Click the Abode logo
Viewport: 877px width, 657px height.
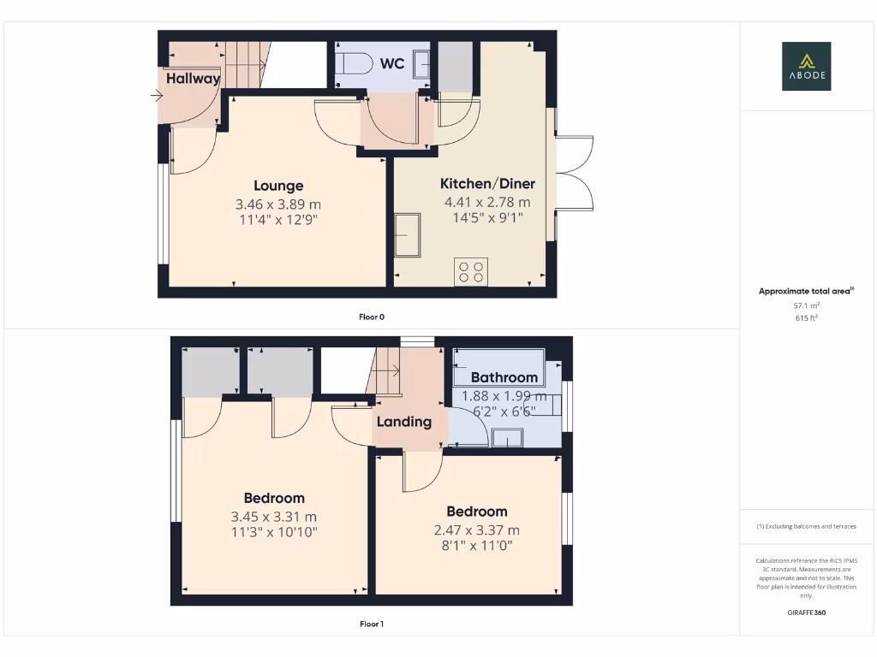(x=806, y=67)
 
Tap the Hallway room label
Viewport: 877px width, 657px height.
(x=193, y=79)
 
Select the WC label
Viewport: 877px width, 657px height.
(x=392, y=63)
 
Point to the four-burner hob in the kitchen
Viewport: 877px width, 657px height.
(x=470, y=272)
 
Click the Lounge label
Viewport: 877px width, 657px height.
(x=278, y=186)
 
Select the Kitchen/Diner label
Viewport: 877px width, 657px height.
(x=487, y=184)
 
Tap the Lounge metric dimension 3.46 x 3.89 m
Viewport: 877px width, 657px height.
(x=278, y=204)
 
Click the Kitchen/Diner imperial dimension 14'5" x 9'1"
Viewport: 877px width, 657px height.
(x=487, y=218)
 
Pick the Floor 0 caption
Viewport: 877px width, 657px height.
(x=372, y=317)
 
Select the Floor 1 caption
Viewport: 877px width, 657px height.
(x=372, y=624)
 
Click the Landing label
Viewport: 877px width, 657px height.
(x=404, y=422)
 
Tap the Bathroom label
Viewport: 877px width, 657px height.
(x=504, y=377)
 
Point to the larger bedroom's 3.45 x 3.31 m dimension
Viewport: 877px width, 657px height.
(x=274, y=517)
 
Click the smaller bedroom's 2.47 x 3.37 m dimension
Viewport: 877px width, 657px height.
(x=477, y=530)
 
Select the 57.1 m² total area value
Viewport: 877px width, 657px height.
(x=806, y=305)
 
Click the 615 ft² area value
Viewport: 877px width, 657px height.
(x=806, y=317)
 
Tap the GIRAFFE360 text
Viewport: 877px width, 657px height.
(x=806, y=613)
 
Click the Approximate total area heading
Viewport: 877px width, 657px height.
(x=806, y=292)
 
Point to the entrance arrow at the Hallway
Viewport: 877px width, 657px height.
(x=156, y=96)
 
